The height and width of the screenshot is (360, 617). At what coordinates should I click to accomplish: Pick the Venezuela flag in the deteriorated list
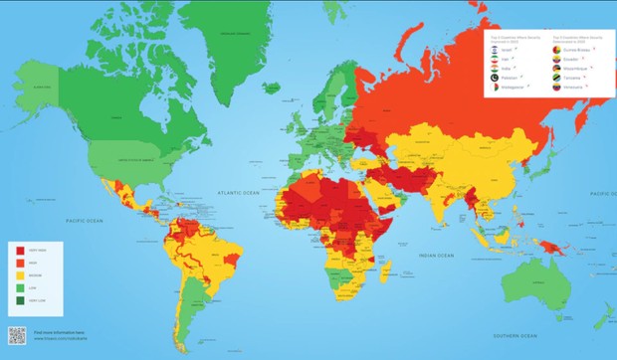(556, 88)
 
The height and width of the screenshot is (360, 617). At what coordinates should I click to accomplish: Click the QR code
(17, 336)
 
